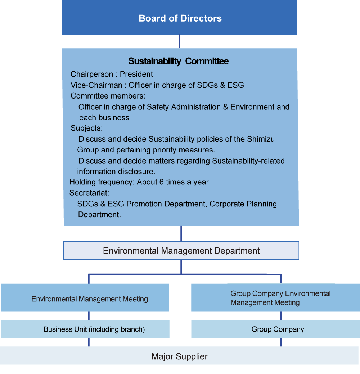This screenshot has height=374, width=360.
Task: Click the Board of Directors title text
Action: coord(180,18)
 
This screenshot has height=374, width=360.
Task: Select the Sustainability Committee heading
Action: coord(178,61)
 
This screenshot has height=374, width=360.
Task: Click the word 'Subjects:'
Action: coord(86,128)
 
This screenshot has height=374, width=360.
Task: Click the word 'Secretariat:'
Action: coord(89,193)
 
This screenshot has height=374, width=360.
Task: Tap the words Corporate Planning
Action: coord(243,204)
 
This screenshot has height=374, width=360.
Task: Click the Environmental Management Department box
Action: coord(181,251)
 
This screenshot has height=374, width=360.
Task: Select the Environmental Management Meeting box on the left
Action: coord(85,298)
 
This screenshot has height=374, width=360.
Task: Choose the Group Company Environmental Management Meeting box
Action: coord(275,298)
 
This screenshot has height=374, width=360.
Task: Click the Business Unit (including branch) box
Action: coord(85,329)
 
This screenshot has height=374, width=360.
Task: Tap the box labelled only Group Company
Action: coord(275,329)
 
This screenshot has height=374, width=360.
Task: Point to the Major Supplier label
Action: coord(179,356)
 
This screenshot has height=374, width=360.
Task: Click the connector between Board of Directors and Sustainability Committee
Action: coord(179,42)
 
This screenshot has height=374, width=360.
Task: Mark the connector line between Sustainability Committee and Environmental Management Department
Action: coord(181,233)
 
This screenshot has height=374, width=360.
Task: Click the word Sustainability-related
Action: coord(248,161)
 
